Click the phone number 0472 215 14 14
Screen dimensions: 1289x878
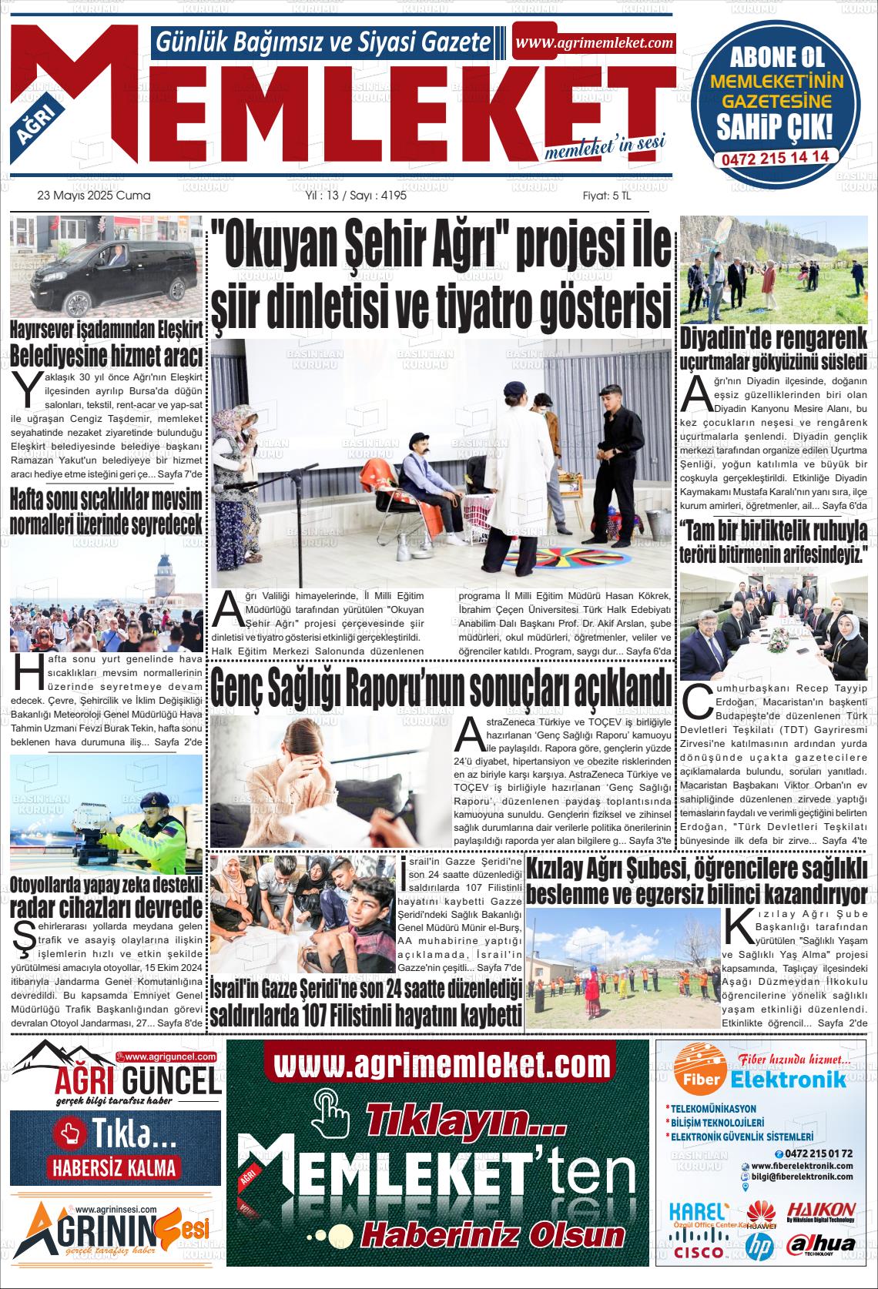(x=775, y=156)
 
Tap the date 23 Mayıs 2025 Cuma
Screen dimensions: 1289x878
(x=94, y=196)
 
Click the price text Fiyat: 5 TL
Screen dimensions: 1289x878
(x=606, y=196)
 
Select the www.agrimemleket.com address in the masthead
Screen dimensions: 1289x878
(x=594, y=43)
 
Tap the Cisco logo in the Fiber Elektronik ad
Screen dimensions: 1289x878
(x=698, y=1251)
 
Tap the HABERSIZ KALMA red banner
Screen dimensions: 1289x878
(x=115, y=1167)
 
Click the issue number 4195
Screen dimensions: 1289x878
(x=393, y=196)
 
